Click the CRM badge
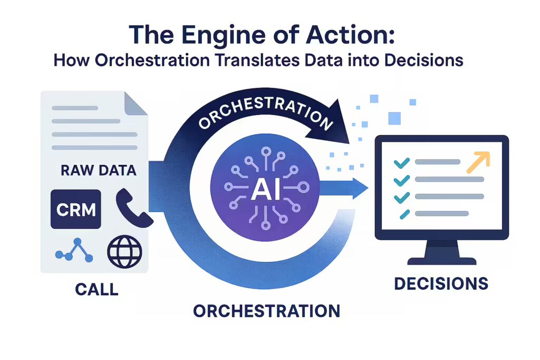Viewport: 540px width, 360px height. point(76,209)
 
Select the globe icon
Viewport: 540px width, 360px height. point(124,251)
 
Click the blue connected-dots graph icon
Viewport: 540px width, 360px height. point(74,250)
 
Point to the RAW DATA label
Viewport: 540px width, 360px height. point(99,170)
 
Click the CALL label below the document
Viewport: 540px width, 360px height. point(97,289)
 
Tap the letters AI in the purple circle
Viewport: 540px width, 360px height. point(266,190)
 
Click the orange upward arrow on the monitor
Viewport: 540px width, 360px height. point(478,162)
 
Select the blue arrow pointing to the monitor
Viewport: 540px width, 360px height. point(344,188)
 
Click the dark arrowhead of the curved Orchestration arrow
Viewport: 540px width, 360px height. point(330,124)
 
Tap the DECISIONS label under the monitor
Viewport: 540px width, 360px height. point(441,284)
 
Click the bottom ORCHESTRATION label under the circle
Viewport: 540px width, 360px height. point(266,311)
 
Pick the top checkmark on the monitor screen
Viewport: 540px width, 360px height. point(401,162)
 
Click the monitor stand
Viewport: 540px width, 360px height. point(442,252)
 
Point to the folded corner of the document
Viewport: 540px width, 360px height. point(136,104)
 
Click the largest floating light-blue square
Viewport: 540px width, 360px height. point(394,119)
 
